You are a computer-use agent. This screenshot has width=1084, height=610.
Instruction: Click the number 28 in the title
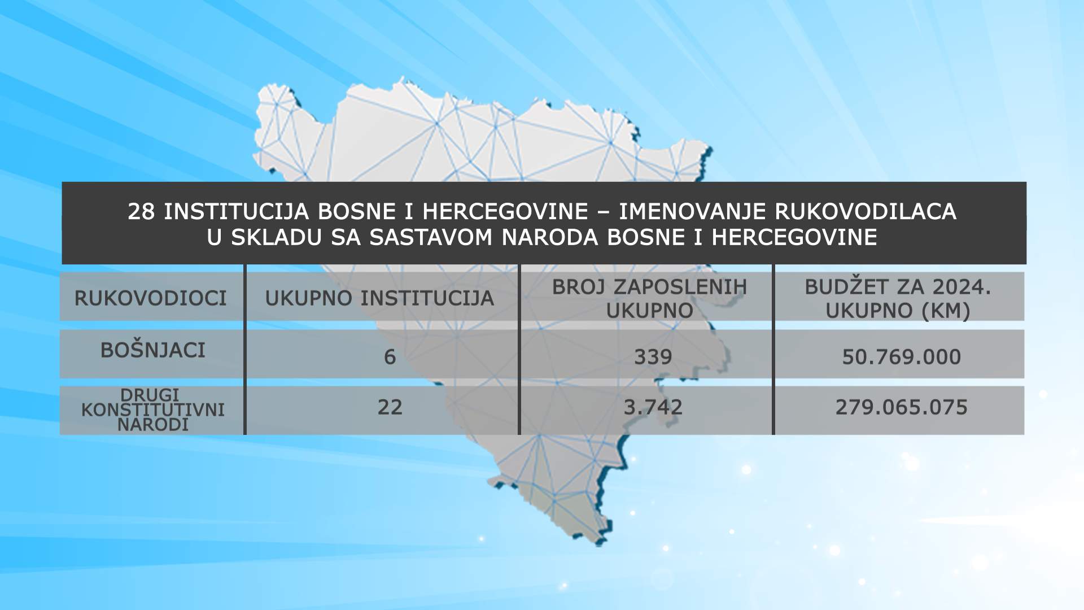click(142, 212)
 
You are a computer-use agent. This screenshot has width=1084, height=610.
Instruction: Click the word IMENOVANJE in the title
click(693, 212)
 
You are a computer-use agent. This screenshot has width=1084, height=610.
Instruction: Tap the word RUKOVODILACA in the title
click(866, 212)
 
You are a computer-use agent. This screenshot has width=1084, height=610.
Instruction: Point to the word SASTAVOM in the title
click(431, 237)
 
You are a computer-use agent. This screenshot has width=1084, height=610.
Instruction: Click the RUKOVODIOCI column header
click(150, 298)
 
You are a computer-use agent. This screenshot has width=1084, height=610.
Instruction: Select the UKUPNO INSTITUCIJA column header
click(379, 298)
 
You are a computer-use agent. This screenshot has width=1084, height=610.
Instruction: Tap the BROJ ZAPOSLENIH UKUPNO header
click(649, 299)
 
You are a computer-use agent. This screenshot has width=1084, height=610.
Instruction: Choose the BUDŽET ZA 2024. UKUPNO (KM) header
click(898, 299)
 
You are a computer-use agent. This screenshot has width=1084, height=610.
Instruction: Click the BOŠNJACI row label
click(152, 350)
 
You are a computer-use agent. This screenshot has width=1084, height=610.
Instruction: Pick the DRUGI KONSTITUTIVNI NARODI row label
click(152, 409)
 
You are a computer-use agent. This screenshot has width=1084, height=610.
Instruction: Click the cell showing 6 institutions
click(390, 357)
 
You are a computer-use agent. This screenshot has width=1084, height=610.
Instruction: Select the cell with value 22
click(390, 407)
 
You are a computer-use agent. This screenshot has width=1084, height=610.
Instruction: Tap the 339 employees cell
click(653, 357)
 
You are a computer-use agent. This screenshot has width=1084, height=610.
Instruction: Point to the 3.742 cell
click(653, 407)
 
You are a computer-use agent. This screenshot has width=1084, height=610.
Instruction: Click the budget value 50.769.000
click(902, 357)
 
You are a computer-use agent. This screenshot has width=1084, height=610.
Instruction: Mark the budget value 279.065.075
click(902, 407)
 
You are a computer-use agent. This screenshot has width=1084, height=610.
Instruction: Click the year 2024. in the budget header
click(961, 287)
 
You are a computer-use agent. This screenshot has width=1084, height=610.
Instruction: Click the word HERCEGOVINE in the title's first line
click(505, 212)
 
